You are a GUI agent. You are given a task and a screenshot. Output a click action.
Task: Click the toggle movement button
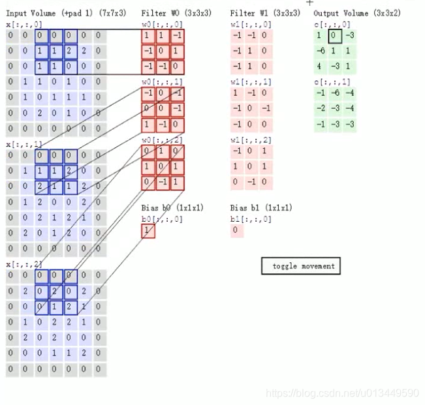301,266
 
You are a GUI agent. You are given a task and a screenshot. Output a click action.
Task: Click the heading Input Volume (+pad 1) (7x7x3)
66,13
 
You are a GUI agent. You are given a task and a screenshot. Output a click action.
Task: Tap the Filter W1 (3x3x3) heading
265,13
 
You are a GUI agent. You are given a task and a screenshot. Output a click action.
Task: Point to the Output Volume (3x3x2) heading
357,13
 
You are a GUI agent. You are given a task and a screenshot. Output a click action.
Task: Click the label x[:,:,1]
24,143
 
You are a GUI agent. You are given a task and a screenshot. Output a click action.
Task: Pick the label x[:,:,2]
24,264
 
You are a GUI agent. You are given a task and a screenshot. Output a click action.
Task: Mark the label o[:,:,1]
332,82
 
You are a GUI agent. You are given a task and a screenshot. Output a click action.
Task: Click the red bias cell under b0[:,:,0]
148,231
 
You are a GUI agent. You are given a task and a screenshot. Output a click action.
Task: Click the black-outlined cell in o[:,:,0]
335,36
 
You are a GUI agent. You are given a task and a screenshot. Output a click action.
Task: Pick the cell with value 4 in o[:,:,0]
320,66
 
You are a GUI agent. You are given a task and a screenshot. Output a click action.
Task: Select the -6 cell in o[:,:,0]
320,51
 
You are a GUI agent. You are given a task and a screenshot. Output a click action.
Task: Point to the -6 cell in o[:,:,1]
335,93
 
